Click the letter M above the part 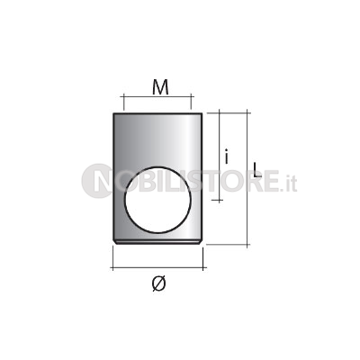(160, 87)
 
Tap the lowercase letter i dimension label (227, 157)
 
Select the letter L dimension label (256, 169)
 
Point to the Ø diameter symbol (158, 283)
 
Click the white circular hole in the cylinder (157, 200)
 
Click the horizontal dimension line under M (157, 96)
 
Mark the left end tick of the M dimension (123, 102)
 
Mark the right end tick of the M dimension (191, 102)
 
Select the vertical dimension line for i (220, 156)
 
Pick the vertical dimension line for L (247, 178)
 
